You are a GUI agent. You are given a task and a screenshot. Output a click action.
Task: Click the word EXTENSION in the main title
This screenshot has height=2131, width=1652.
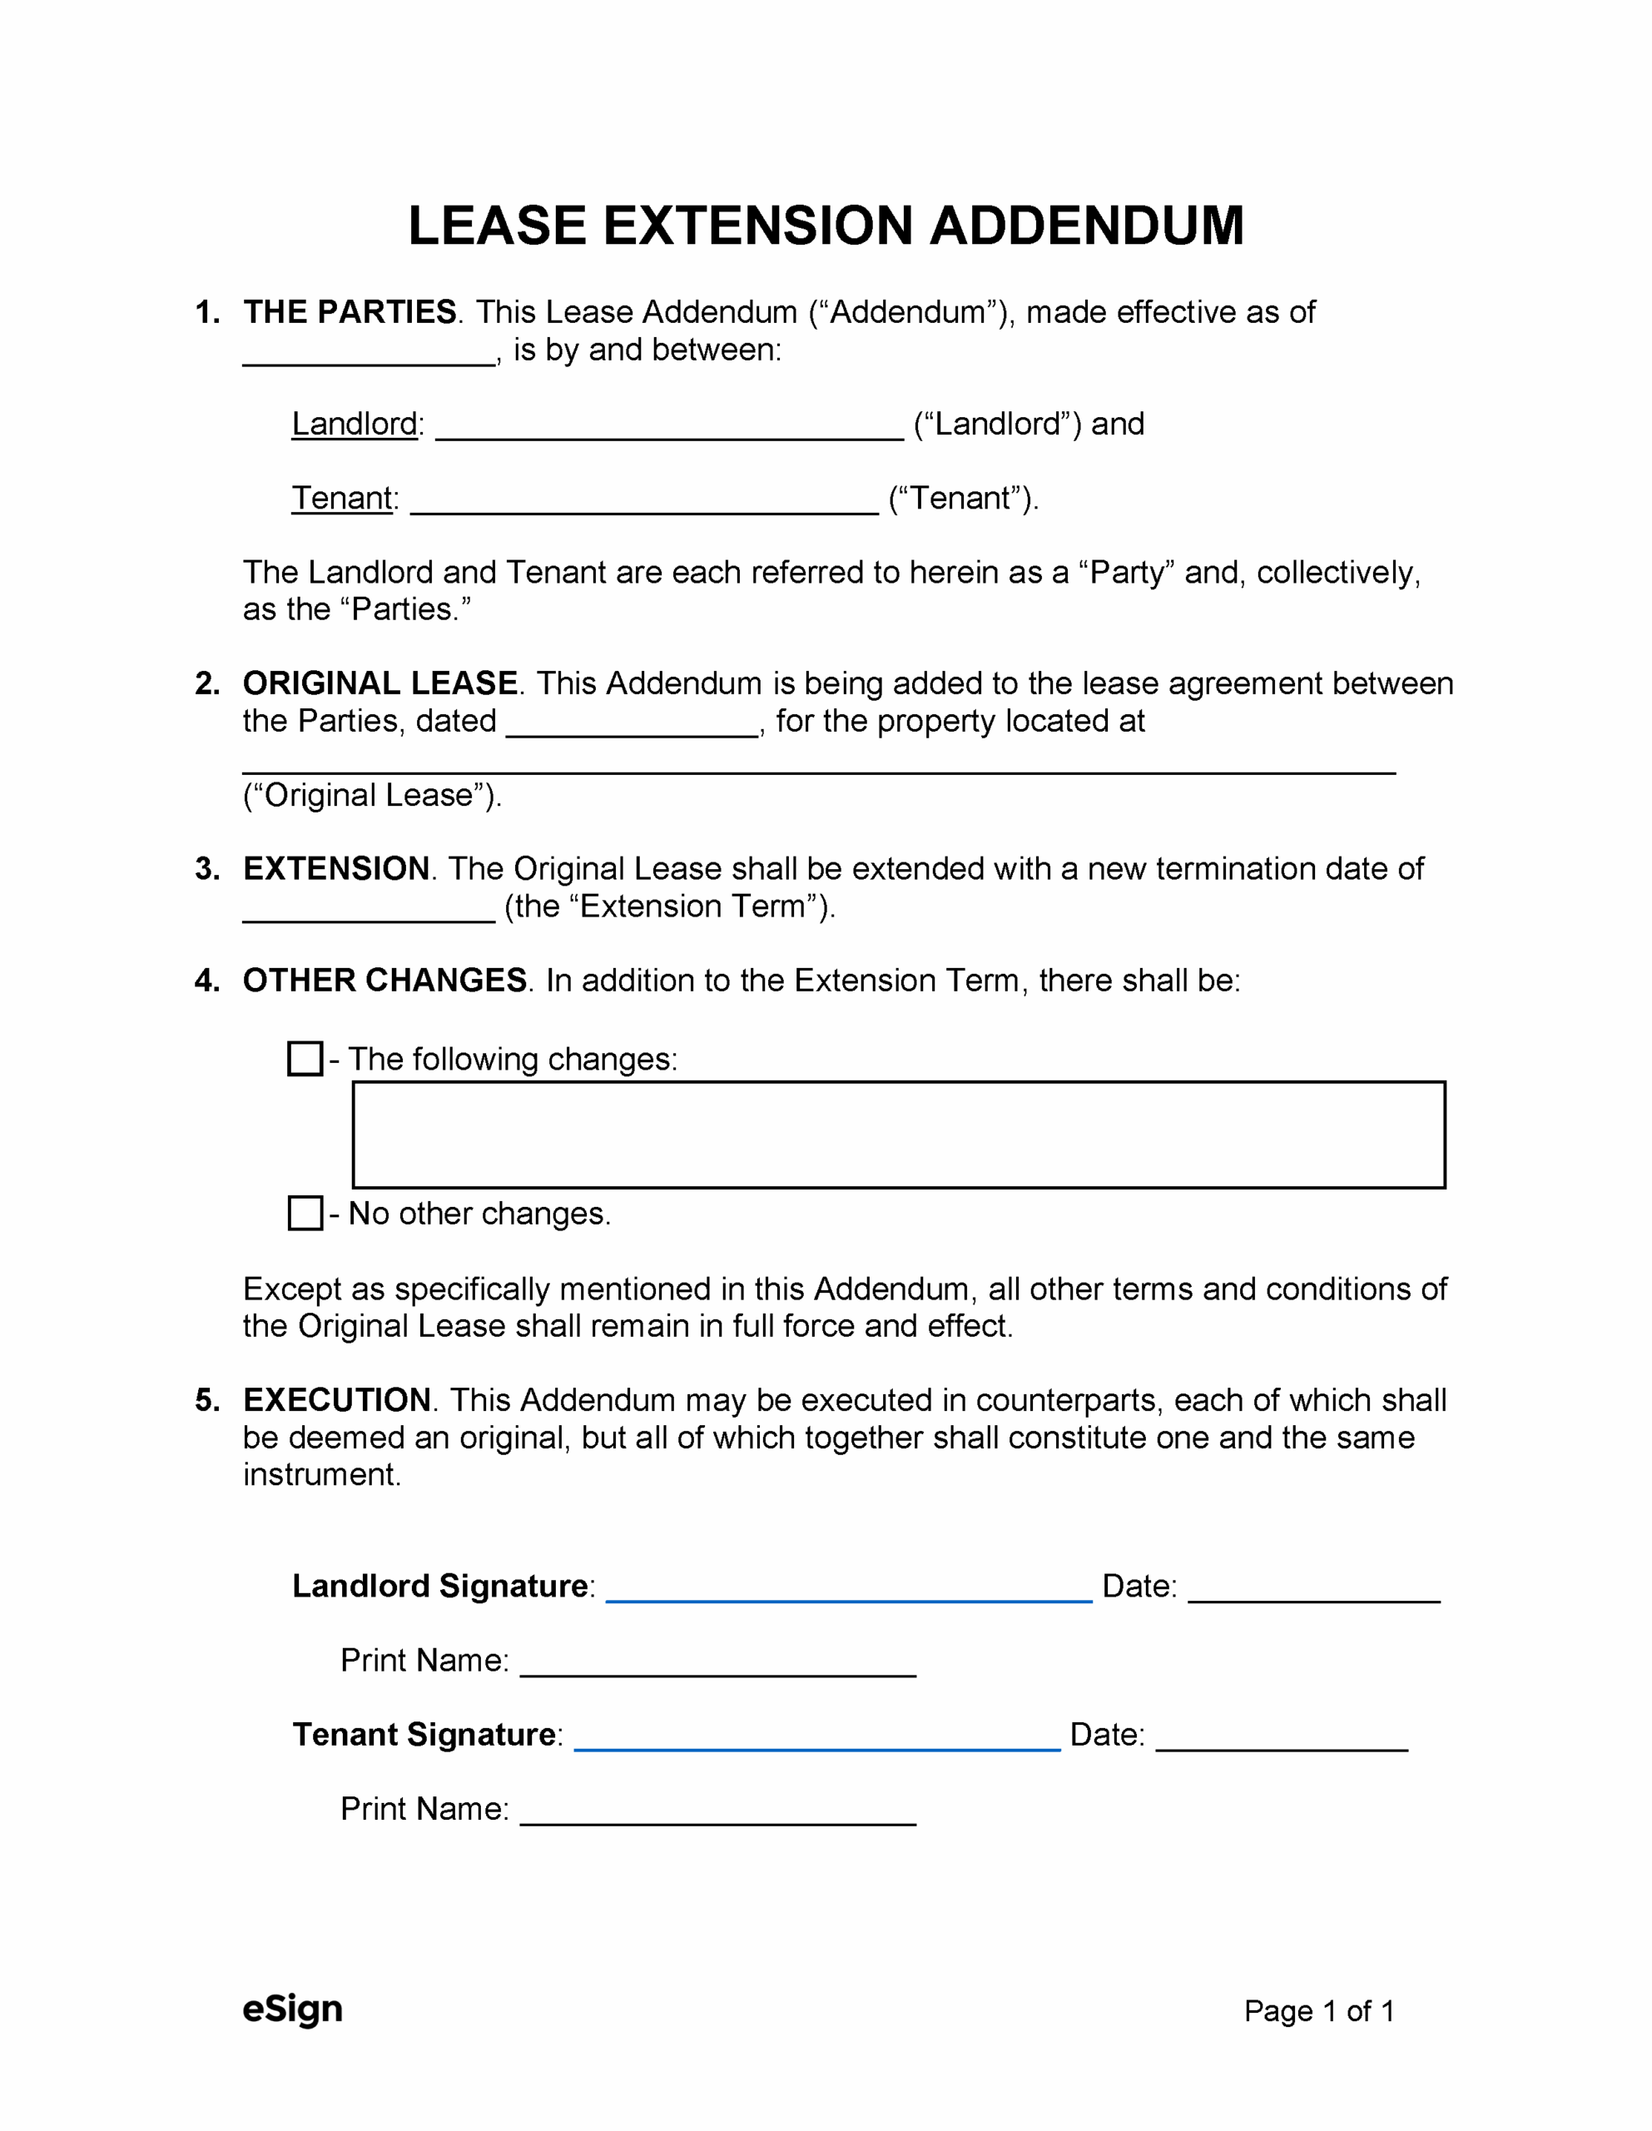point(758,226)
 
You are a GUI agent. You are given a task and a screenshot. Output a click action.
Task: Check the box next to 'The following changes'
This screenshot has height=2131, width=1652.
point(305,1059)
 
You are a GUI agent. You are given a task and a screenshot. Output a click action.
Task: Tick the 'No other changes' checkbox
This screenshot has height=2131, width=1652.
point(305,1213)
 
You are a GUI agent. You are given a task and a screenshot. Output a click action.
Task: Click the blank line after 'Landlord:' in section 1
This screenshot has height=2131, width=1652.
point(668,430)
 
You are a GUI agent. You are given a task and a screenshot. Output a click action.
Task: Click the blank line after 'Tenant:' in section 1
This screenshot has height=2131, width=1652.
point(644,504)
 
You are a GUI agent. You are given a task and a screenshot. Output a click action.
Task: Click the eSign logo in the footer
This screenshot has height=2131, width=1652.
point(292,2009)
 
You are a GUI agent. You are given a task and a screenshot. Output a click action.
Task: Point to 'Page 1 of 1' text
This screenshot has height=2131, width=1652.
point(1318,2011)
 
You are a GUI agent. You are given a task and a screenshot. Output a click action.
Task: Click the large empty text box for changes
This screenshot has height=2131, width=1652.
point(898,1135)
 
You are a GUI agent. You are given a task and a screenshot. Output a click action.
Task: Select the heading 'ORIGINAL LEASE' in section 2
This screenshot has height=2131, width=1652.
point(380,683)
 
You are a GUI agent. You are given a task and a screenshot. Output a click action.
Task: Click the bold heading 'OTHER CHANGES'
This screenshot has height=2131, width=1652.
point(384,980)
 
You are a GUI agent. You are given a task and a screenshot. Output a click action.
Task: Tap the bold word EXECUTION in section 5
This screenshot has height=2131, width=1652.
point(337,1399)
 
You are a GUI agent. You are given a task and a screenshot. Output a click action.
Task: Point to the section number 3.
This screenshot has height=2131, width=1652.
point(206,868)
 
